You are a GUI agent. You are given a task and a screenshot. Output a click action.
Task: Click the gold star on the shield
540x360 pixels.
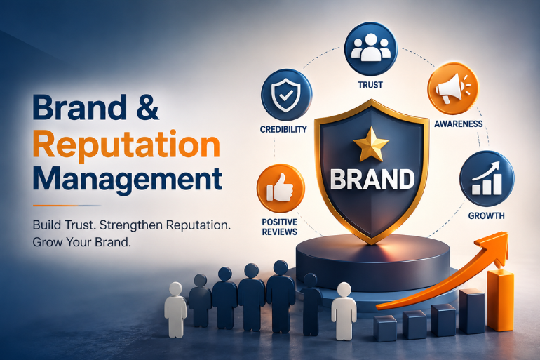tap(371, 145)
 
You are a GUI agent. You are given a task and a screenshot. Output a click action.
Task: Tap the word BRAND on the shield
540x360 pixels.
tap(372, 179)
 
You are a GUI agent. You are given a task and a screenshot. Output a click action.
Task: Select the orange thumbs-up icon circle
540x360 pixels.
tap(281, 188)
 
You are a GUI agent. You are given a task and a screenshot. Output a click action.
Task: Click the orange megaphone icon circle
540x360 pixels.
tap(452, 88)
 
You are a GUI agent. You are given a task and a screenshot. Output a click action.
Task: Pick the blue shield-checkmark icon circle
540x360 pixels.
tap(287, 95)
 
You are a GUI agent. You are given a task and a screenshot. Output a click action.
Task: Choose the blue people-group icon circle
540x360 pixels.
tap(371, 49)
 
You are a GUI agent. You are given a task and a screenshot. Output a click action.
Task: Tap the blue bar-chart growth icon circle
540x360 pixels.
tap(487, 178)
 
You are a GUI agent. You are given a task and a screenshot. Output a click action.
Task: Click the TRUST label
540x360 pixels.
tap(370, 85)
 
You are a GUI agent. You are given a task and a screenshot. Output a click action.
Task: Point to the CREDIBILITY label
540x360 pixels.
tap(283, 129)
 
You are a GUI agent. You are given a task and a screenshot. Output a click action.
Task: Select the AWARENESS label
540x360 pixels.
tap(459, 124)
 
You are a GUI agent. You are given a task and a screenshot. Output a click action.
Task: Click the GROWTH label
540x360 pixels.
tap(486, 215)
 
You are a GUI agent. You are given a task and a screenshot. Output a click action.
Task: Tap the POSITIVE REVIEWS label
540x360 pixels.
tap(280, 227)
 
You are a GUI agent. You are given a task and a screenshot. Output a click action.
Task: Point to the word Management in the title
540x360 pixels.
tap(128, 179)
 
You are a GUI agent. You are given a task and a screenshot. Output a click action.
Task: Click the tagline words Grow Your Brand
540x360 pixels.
tap(82, 242)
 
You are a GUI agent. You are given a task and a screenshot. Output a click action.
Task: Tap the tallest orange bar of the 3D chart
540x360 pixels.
tap(500, 300)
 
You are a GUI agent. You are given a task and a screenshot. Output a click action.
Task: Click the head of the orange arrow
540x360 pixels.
tap(495, 247)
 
